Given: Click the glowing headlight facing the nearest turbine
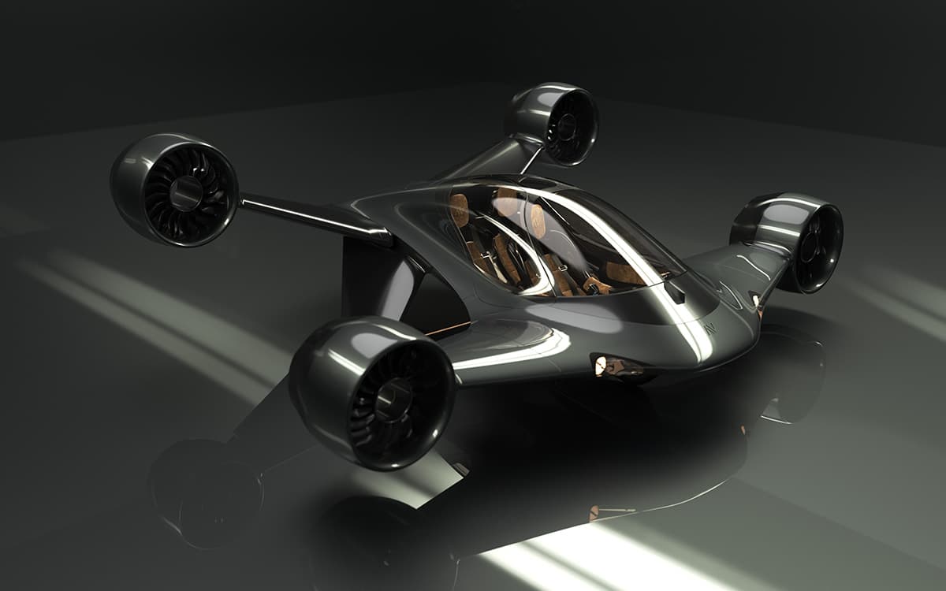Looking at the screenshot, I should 601,363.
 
